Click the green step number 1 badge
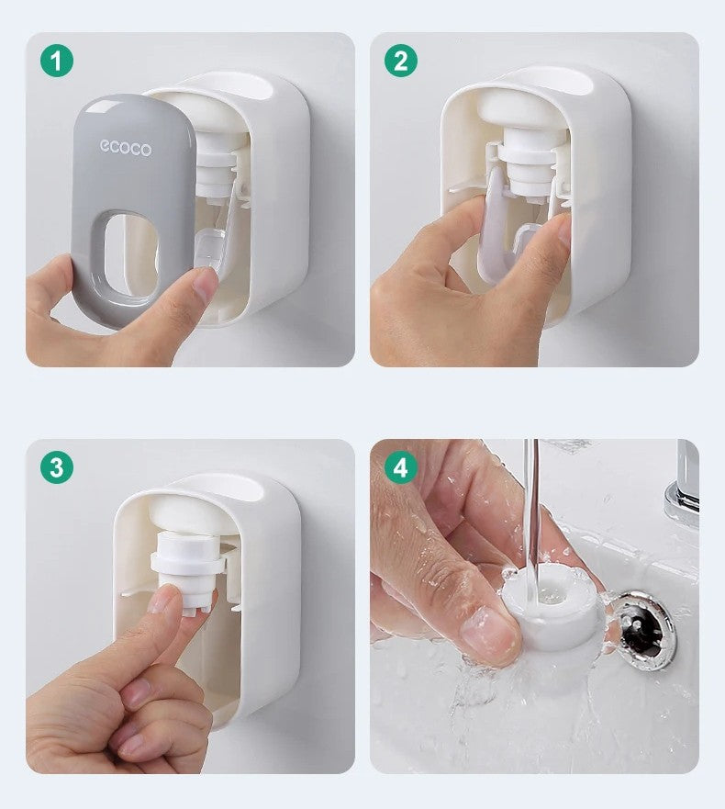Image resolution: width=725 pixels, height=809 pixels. [x=57, y=62]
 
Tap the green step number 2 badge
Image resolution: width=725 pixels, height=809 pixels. [x=401, y=62]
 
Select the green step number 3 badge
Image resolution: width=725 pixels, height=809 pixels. [x=57, y=467]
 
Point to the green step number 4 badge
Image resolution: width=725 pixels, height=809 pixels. [x=401, y=467]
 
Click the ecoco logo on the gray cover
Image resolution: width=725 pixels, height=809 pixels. [x=126, y=148]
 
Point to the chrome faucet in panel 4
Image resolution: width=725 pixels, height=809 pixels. [x=684, y=482]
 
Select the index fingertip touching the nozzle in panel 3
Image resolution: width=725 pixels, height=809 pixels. [x=165, y=599]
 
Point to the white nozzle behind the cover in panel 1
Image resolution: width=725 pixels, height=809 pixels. [x=220, y=165]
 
